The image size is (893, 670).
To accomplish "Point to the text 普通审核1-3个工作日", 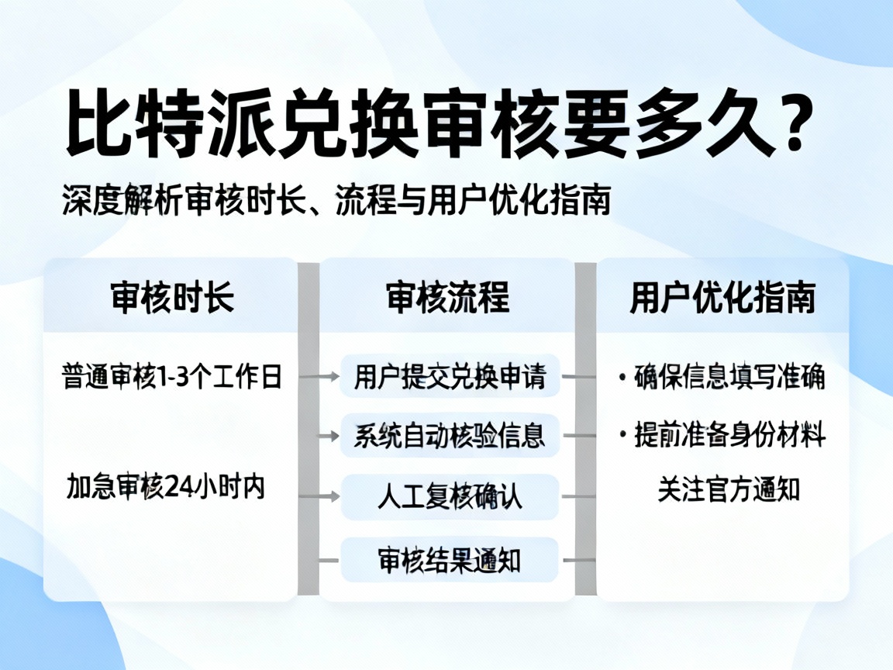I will [171, 377].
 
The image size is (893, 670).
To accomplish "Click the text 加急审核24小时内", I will [166, 487].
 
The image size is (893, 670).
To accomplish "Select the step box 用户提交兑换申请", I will [450, 377].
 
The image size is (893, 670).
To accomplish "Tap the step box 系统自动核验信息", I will [450, 435].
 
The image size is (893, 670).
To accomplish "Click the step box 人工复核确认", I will [450, 496].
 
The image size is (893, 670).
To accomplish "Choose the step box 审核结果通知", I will [450, 559].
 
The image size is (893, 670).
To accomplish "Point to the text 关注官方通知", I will [729, 490].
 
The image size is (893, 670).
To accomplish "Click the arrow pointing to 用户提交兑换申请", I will [320, 377].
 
